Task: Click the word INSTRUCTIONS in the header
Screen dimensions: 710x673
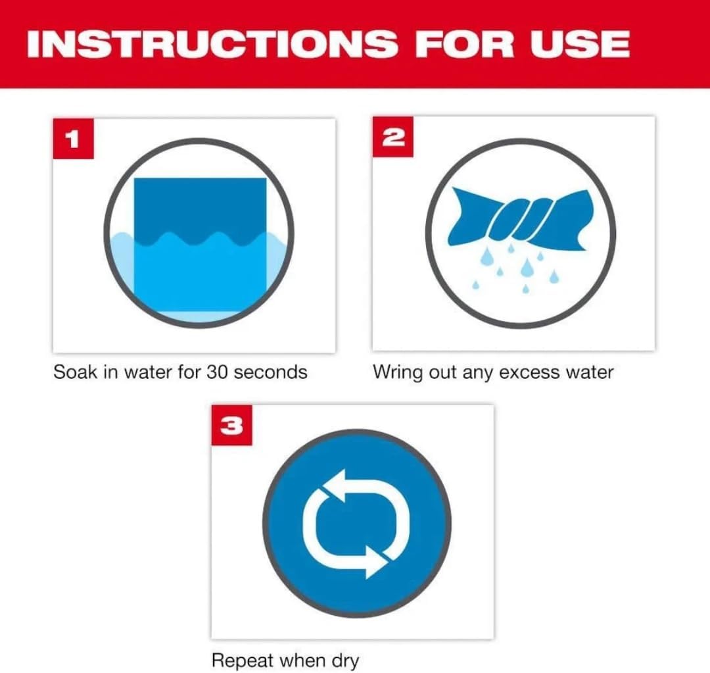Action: tap(212, 43)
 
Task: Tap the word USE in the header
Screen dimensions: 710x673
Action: tap(580, 43)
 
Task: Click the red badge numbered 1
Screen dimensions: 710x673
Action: tap(74, 138)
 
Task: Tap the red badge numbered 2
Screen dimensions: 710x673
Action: tap(392, 137)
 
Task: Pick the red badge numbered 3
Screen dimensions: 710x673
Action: tap(232, 425)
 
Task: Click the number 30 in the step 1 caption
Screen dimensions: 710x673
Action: tap(216, 372)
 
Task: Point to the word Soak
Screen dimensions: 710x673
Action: tap(75, 372)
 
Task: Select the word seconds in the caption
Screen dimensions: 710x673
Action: tap(270, 372)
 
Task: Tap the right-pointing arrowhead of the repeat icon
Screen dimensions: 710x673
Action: tap(377, 562)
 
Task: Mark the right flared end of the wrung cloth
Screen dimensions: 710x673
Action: tap(571, 220)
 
